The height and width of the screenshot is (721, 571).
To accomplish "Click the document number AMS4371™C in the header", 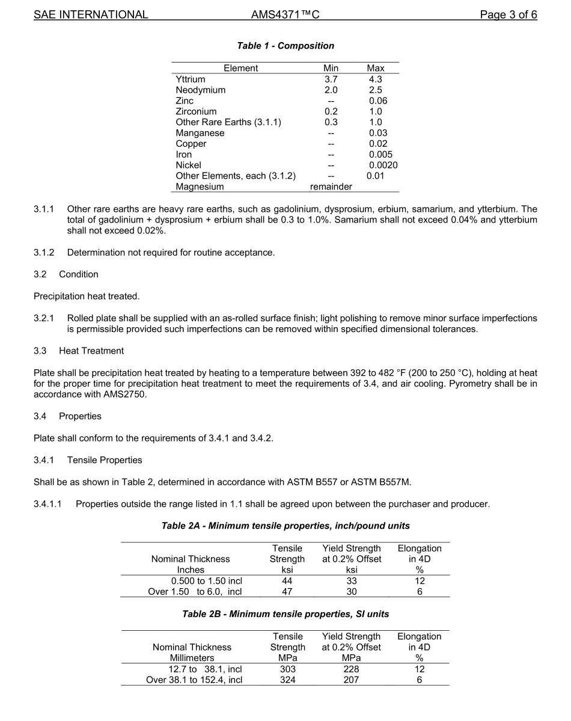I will (285, 15).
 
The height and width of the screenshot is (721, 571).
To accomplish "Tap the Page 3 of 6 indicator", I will (508, 15).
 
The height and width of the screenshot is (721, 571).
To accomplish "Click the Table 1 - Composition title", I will (285, 46).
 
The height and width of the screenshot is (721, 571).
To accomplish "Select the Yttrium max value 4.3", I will (376, 79).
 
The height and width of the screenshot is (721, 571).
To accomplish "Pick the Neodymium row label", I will (201, 90).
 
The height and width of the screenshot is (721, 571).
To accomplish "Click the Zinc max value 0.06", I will (378, 101).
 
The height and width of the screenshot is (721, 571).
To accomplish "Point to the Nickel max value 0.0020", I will (383, 165).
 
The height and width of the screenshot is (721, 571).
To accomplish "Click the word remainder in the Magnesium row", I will (331, 187).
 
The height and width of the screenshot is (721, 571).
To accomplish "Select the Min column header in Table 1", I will (331, 69).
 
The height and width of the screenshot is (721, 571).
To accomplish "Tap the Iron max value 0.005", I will (380, 155).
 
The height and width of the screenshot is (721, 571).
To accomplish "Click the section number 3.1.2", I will (44, 253).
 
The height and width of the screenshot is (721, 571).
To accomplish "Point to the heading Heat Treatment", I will (91, 351).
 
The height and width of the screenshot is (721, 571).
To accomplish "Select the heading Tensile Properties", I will (105, 460).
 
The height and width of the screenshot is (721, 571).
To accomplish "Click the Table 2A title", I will (285, 526).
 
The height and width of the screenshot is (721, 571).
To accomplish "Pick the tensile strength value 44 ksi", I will (287, 581).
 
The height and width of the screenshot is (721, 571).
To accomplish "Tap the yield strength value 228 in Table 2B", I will (351, 669).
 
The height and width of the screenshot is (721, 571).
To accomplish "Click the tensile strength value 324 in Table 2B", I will (287, 680).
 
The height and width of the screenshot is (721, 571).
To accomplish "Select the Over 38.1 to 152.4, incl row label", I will (194, 680).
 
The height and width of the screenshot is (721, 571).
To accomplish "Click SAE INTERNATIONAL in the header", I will (91, 15).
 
